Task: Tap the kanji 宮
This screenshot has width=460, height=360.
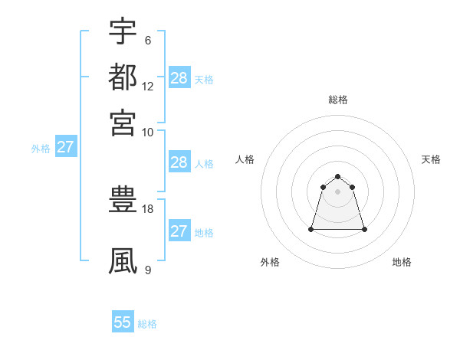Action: (x=123, y=122)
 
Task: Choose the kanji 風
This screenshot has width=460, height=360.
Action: (x=123, y=260)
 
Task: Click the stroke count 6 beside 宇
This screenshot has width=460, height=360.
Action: (x=148, y=40)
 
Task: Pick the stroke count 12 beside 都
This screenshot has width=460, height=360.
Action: (x=148, y=86)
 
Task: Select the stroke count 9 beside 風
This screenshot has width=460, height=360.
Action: (x=148, y=270)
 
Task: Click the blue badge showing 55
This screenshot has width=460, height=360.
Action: (x=123, y=322)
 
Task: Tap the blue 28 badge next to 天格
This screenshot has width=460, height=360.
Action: (x=179, y=78)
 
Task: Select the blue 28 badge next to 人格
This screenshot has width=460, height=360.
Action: (x=179, y=162)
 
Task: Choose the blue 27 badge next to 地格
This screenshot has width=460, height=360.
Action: (x=179, y=231)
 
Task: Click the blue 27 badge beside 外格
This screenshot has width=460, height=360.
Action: (x=65, y=147)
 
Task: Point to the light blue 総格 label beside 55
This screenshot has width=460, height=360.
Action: (x=147, y=324)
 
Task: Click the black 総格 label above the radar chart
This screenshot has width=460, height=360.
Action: (x=337, y=100)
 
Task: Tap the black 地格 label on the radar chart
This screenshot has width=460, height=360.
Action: (x=402, y=262)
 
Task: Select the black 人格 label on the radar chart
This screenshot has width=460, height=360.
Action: (x=245, y=159)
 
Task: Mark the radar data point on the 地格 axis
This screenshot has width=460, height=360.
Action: (x=363, y=229)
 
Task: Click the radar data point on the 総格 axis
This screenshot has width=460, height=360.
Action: (x=337, y=177)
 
